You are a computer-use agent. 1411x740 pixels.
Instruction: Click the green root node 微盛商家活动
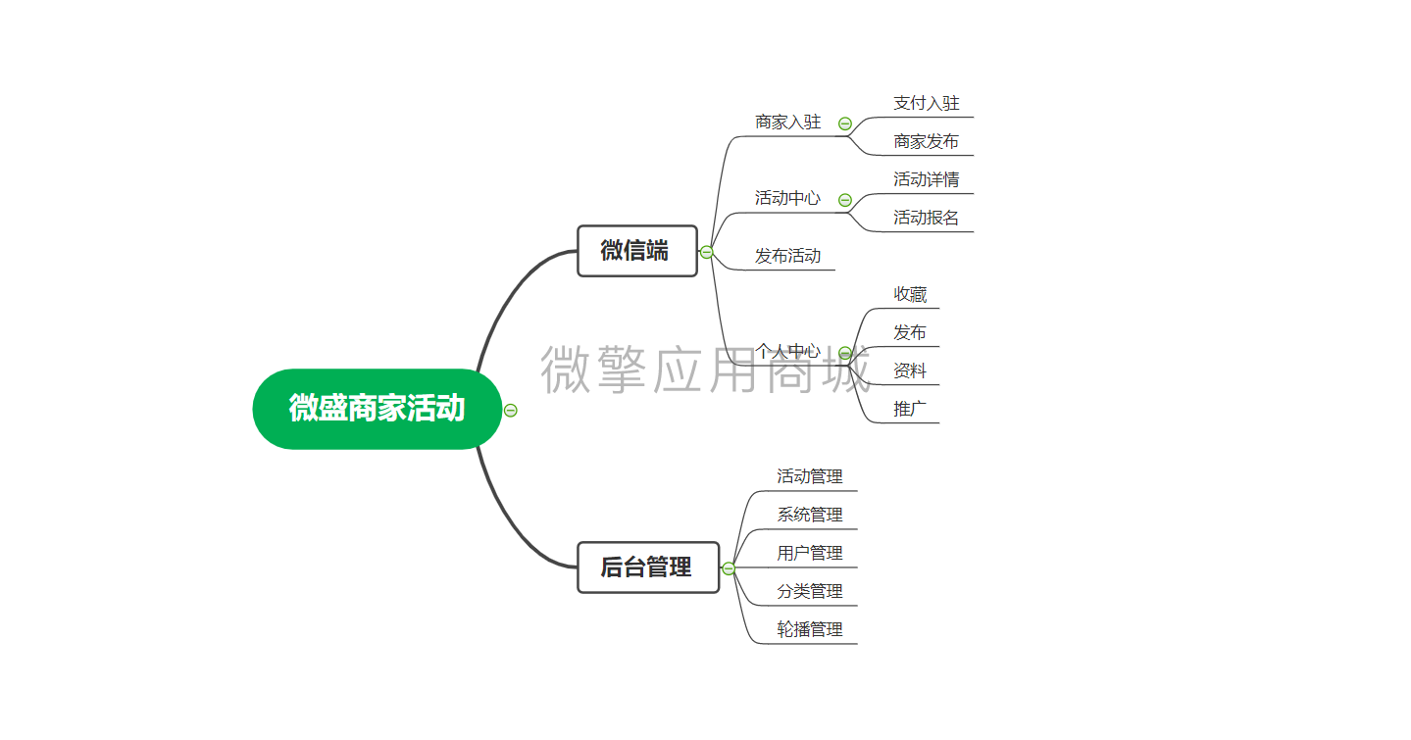(x=377, y=409)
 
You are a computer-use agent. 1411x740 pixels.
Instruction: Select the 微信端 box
(x=636, y=251)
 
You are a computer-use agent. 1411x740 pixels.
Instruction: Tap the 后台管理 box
(x=647, y=567)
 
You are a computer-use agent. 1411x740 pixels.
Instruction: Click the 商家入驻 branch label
(x=787, y=123)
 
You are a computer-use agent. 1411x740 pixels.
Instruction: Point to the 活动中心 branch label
(x=787, y=198)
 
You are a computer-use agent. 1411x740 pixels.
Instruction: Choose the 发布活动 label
(x=787, y=256)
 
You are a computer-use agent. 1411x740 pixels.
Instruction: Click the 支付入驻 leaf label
(x=926, y=103)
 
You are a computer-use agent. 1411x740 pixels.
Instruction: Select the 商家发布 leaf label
(x=926, y=142)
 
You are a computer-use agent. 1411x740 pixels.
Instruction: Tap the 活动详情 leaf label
(x=926, y=179)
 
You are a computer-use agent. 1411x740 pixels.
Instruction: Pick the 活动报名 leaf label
(x=926, y=218)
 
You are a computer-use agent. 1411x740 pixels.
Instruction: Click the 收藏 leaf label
(x=910, y=294)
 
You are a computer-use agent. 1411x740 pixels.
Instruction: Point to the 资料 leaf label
(x=910, y=370)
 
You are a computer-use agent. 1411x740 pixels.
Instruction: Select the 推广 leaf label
(x=910, y=409)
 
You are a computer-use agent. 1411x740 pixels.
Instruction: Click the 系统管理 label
(x=809, y=515)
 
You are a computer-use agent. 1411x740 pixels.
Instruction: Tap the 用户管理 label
(x=809, y=553)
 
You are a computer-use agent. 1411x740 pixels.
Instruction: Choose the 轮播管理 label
(x=809, y=629)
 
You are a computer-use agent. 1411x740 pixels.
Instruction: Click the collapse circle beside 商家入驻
(x=845, y=123)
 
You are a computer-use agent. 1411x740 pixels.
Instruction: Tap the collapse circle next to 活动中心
(x=845, y=200)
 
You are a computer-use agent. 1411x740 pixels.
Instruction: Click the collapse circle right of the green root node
(x=510, y=411)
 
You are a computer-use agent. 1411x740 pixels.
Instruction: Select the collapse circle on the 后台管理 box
(x=729, y=568)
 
